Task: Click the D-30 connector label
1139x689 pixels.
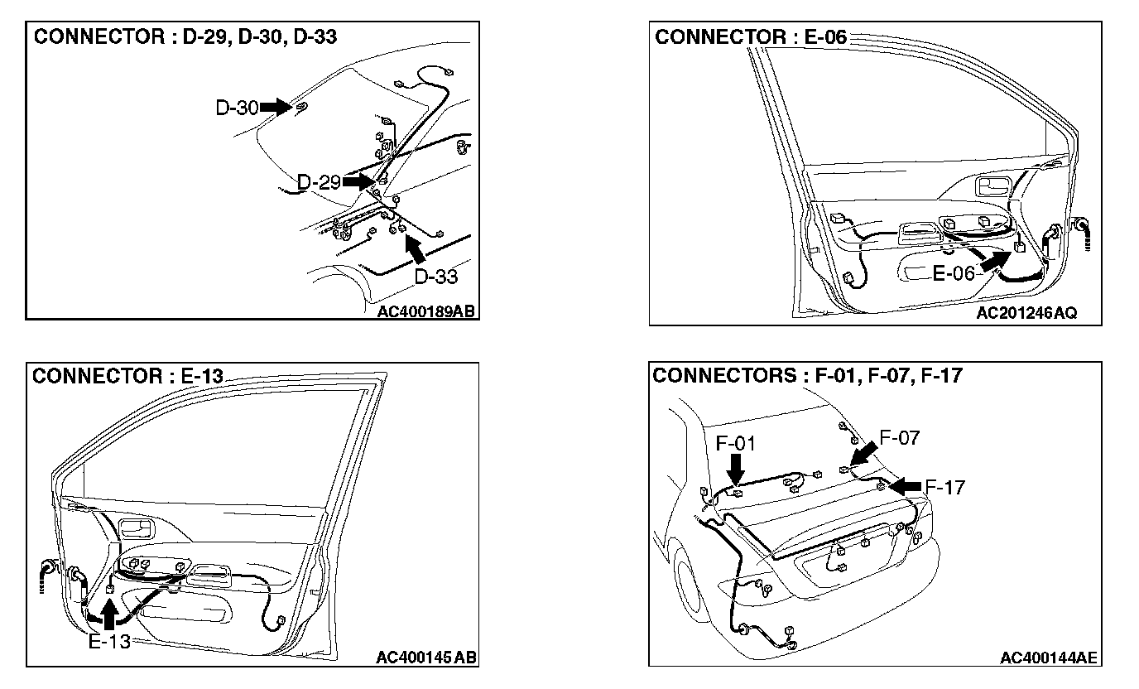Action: click(x=237, y=108)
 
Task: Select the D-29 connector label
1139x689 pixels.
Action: click(x=319, y=182)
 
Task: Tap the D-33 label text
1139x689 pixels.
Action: click(x=435, y=276)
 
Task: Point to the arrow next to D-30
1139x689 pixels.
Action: click(x=276, y=107)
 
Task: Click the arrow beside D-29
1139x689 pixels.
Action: click(x=358, y=181)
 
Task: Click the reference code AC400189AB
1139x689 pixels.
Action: click(x=425, y=312)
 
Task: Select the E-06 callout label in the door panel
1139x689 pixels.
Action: click(x=954, y=273)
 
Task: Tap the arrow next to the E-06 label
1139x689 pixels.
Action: click(x=996, y=262)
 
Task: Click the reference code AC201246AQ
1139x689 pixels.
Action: click(x=1026, y=314)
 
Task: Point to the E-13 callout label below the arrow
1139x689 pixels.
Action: click(x=109, y=641)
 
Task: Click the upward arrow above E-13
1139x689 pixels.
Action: click(x=108, y=614)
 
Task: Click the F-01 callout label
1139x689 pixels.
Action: click(x=735, y=444)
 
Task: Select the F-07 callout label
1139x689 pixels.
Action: click(x=899, y=438)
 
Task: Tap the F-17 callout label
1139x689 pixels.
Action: click(x=944, y=488)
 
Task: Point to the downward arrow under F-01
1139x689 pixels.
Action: click(x=735, y=470)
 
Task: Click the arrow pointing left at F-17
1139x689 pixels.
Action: click(x=906, y=485)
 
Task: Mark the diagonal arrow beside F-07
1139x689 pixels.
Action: click(x=863, y=454)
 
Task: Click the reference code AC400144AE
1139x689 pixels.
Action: click(x=1048, y=658)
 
